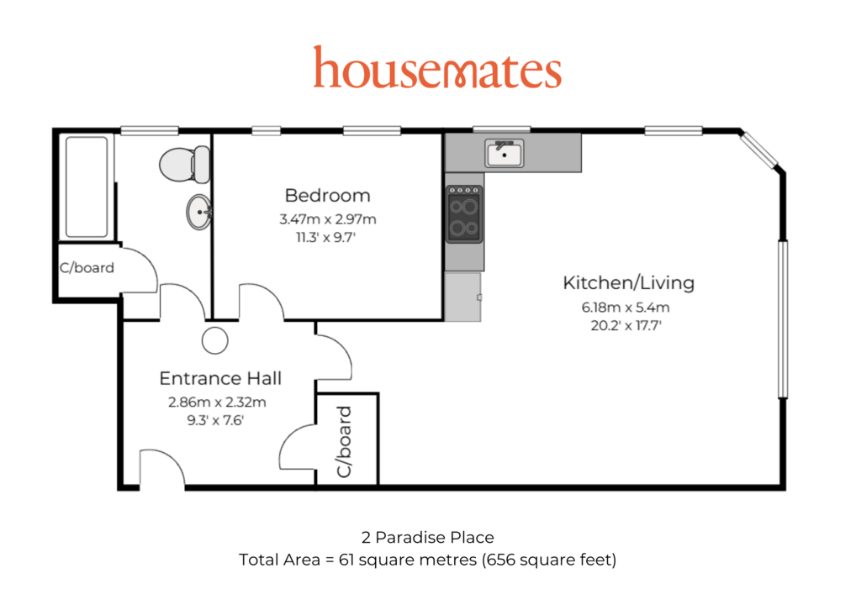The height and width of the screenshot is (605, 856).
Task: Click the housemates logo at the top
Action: point(437,67)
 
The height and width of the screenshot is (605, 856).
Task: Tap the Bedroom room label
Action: point(328,195)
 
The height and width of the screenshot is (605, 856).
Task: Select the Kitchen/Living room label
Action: point(628,282)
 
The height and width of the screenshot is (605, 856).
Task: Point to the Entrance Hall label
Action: point(220,378)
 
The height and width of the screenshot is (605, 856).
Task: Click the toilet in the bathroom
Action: point(185,164)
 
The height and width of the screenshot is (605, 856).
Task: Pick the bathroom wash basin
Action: point(199,212)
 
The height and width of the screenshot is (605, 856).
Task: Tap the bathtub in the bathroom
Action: point(87,187)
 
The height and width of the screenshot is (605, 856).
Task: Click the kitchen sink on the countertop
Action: point(505,153)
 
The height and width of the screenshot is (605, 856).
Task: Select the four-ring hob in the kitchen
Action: point(464,213)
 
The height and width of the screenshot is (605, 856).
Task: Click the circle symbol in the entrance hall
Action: point(215,341)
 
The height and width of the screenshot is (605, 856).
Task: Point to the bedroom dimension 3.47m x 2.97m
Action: point(328,219)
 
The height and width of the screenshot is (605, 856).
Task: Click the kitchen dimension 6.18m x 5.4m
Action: point(626,308)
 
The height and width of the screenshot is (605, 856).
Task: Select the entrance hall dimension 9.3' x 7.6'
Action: point(215,420)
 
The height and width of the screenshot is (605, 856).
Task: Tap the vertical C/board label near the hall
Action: point(344,442)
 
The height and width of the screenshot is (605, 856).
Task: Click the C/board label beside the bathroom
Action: point(87,267)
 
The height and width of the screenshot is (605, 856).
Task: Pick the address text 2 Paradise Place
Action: point(427,537)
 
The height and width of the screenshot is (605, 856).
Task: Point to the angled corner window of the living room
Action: point(758,150)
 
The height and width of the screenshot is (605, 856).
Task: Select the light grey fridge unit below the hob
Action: point(463,297)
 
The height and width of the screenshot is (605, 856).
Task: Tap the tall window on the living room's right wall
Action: point(783,319)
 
